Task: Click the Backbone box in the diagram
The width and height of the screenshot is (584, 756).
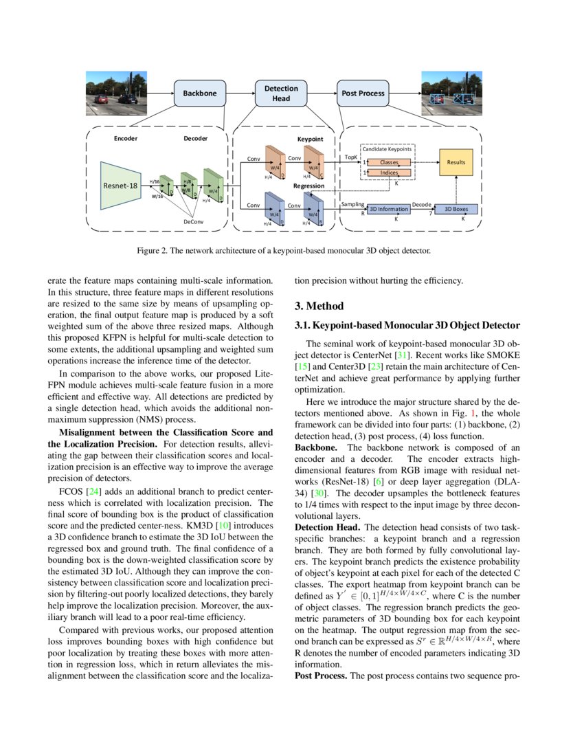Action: point(200,93)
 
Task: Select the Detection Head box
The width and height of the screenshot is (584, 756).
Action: point(281,93)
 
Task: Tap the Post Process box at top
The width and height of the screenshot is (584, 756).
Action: point(362,93)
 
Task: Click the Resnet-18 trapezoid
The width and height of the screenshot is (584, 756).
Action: point(120,186)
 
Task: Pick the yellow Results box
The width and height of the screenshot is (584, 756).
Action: point(456,162)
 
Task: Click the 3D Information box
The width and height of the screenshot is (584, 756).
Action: point(388,208)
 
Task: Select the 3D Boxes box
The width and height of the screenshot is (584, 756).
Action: point(457,208)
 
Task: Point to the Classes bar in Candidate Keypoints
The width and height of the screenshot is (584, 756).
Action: point(389,162)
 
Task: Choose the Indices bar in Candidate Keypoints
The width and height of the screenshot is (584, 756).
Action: point(389,172)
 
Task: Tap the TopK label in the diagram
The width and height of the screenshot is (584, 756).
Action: point(351,157)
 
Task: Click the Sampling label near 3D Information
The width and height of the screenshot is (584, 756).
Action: point(352,204)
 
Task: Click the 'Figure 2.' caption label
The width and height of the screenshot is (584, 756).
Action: point(153,251)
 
